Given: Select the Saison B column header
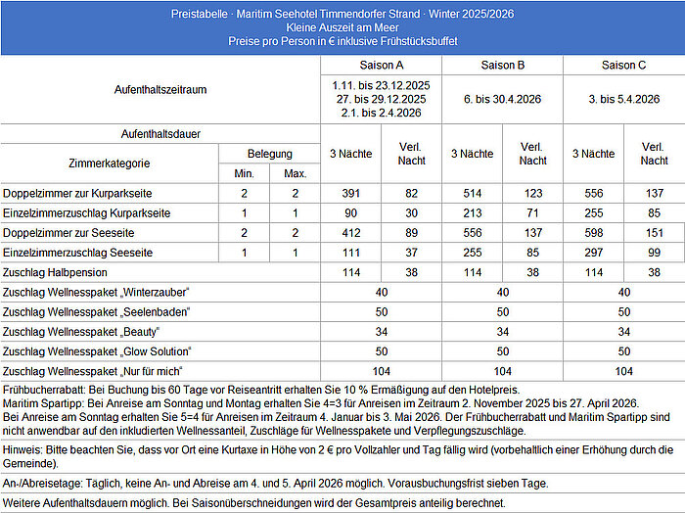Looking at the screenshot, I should pos(503,65).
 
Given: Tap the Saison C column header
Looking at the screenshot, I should pos(624,65).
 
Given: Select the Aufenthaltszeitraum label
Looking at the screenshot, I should pos(161,88).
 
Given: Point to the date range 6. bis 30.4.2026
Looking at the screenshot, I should pos(503,98).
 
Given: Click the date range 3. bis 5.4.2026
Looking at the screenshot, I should pos(624,98).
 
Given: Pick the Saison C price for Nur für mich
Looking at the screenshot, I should pos(624,372).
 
